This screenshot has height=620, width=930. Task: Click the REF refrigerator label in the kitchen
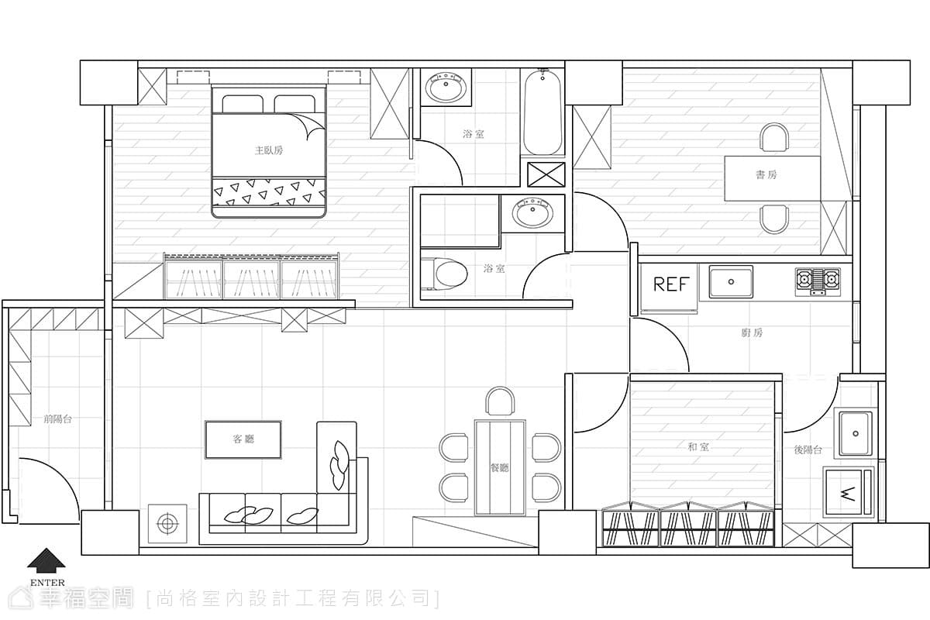point(671,284)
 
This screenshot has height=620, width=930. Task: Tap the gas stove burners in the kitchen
point(818,282)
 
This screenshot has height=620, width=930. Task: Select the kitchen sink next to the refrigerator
point(731,282)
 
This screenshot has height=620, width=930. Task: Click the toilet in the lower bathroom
point(443,274)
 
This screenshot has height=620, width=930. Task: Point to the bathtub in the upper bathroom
point(542,112)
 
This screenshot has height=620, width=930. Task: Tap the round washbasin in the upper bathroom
point(446,86)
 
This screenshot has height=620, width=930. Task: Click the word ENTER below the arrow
point(47,583)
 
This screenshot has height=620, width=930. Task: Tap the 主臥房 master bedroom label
point(269,150)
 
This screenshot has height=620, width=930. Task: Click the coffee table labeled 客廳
point(243,439)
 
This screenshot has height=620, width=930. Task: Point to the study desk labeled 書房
point(773,178)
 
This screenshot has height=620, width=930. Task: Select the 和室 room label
point(698,447)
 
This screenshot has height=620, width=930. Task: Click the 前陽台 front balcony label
point(57,419)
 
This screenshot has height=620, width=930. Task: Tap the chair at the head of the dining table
point(501,401)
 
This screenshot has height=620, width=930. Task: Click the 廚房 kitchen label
point(752,332)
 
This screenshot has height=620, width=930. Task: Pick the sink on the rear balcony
point(856,433)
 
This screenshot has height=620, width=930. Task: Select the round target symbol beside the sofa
point(167,524)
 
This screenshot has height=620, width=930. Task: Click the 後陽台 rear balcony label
point(808,449)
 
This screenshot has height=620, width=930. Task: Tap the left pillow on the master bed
point(243,104)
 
